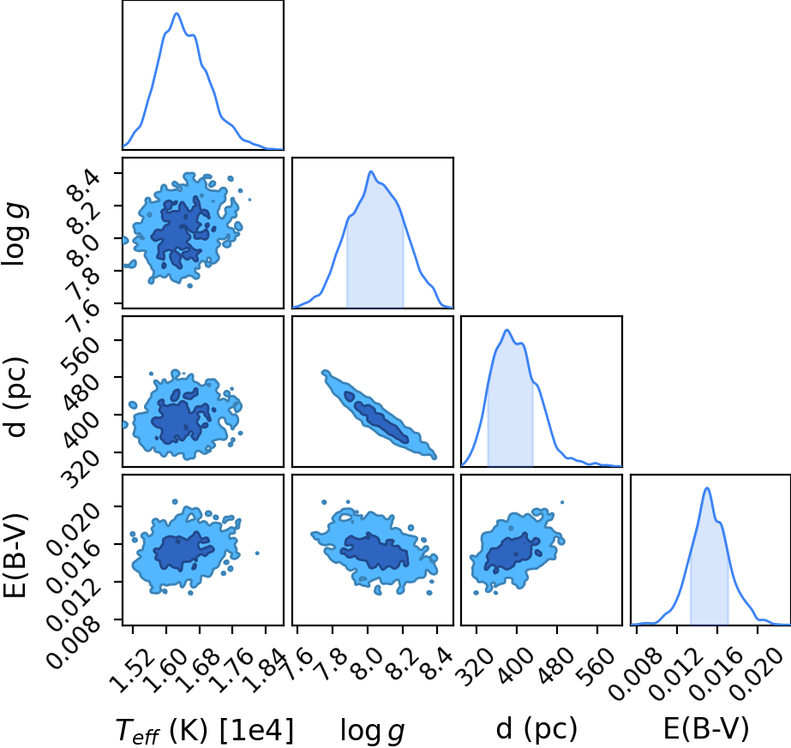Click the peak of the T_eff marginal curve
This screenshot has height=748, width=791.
[177, 14]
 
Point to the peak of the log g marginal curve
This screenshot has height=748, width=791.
[371, 172]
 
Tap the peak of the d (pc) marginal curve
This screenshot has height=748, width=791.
[507, 331]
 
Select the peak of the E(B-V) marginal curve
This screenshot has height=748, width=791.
[707, 488]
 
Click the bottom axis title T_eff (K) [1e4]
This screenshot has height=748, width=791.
[204, 729]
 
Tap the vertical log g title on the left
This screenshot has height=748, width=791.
[15, 234]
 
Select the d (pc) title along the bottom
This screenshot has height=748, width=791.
[536, 728]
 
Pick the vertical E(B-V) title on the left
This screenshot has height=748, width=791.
[15, 555]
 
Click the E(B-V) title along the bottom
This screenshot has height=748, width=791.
[705, 728]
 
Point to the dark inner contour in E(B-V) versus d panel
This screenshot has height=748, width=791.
[512, 553]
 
